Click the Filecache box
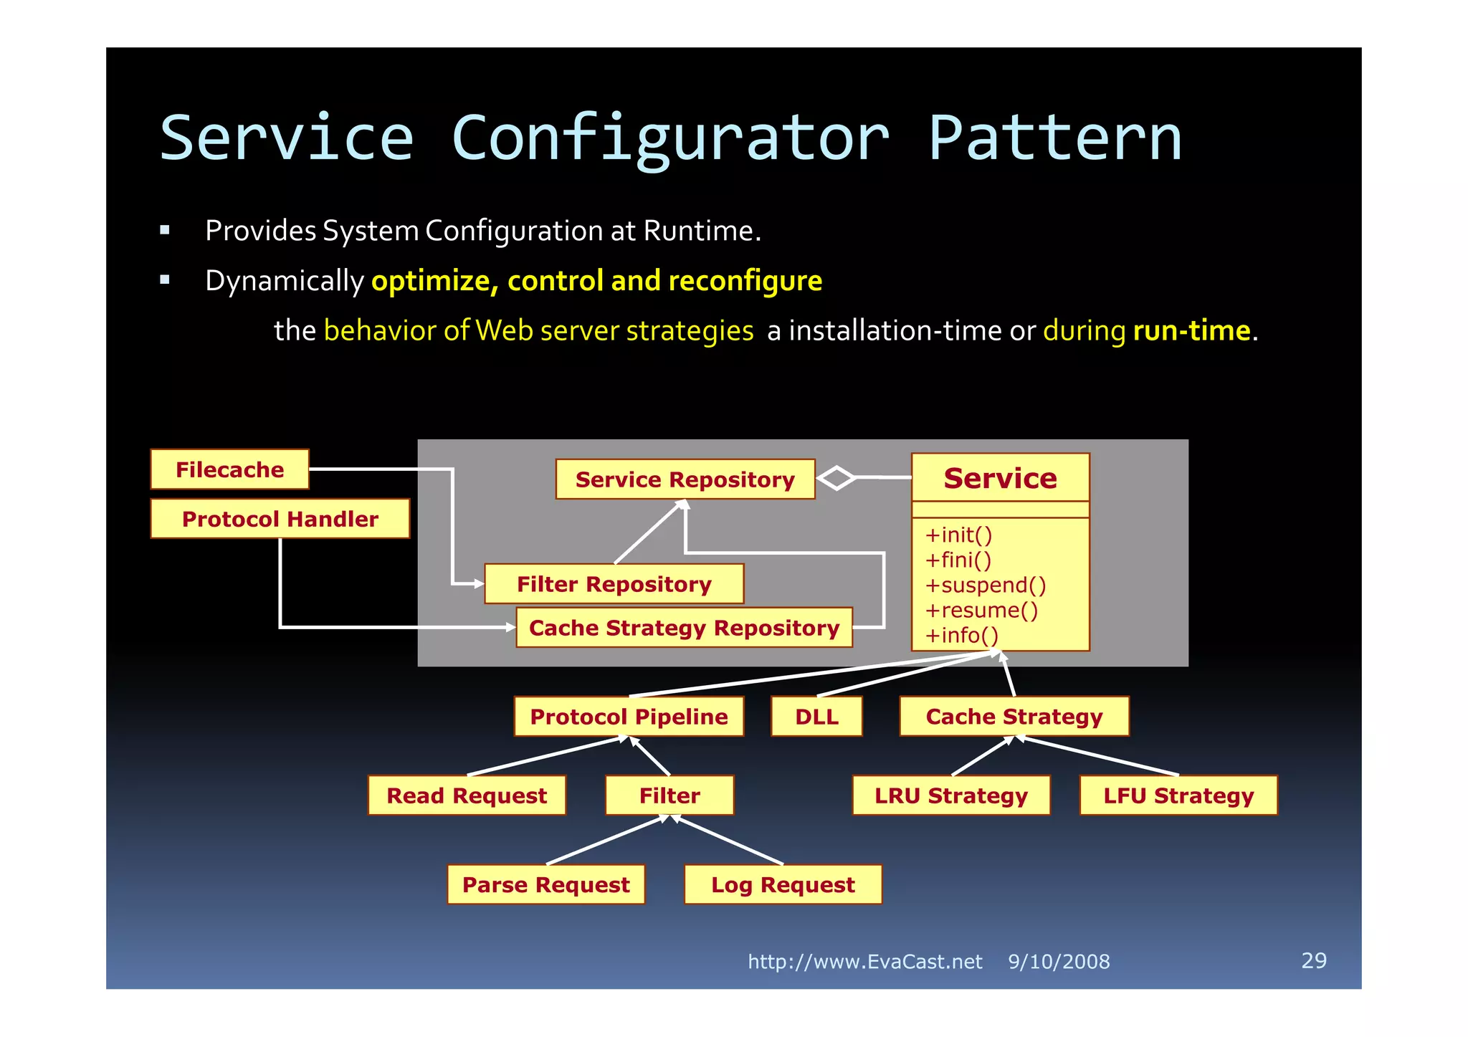pos(229,469)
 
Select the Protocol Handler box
pos(280,519)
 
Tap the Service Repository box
pos(685,479)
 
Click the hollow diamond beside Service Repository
pos(836,478)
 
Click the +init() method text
pos(958,535)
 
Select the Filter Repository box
pos(614,584)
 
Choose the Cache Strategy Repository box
pos(684,628)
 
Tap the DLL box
pos(816,717)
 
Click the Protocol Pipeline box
pos(629,717)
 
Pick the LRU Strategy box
pos(950,795)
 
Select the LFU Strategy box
pos(1178,795)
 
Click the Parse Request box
pos(545,885)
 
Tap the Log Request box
pos(783,885)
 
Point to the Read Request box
pos(467,795)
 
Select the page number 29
pos(1313,960)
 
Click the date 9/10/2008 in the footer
pos(1059,962)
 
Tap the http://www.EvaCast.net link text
pos(864,962)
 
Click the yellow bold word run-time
pos(1191,331)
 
